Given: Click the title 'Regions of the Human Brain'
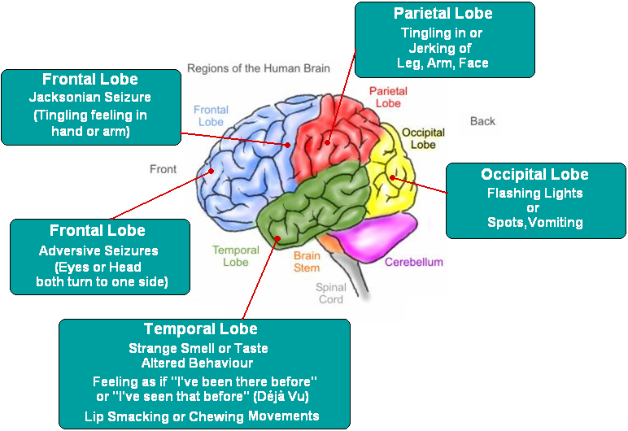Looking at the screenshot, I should (259, 68).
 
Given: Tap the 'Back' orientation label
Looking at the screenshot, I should (482, 121).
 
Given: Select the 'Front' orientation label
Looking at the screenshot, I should (163, 169).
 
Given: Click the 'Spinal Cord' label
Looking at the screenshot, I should (331, 293).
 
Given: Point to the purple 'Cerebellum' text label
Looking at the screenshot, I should (414, 262).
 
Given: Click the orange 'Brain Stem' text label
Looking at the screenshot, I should (307, 261).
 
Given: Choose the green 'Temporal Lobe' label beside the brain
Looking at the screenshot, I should (236, 256).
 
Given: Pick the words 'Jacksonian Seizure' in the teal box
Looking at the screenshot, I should (90, 98).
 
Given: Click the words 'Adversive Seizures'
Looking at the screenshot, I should (98, 250).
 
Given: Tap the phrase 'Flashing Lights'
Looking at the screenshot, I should (534, 193).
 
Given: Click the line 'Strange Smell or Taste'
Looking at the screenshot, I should (198, 348).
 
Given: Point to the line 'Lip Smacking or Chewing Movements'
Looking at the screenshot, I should (202, 416).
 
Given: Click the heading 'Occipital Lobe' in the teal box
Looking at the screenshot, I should (534, 174).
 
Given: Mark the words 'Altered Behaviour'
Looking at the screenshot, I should (198, 363).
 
